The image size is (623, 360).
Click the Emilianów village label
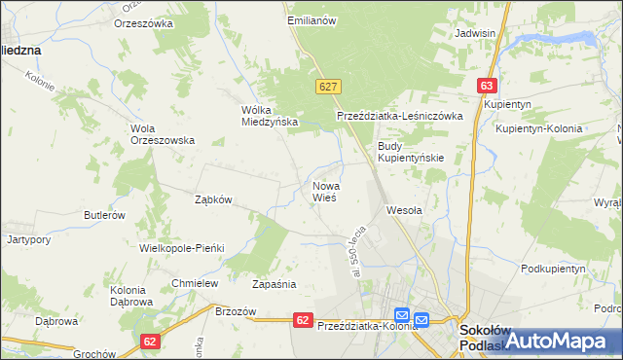(x=311, y=19)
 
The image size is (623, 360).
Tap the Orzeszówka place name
(x=143, y=22)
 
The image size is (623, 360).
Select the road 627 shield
(x=327, y=87)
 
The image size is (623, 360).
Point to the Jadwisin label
(x=476, y=32)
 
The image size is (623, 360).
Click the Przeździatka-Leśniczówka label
(x=399, y=115)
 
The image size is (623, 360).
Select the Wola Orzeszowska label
(x=163, y=133)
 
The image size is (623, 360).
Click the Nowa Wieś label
(x=324, y=191)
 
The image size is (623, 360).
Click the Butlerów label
(x=104, y=215)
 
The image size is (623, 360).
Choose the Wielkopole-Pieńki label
(x=182, y=248)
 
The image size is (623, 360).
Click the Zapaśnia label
(x=274, y=285)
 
